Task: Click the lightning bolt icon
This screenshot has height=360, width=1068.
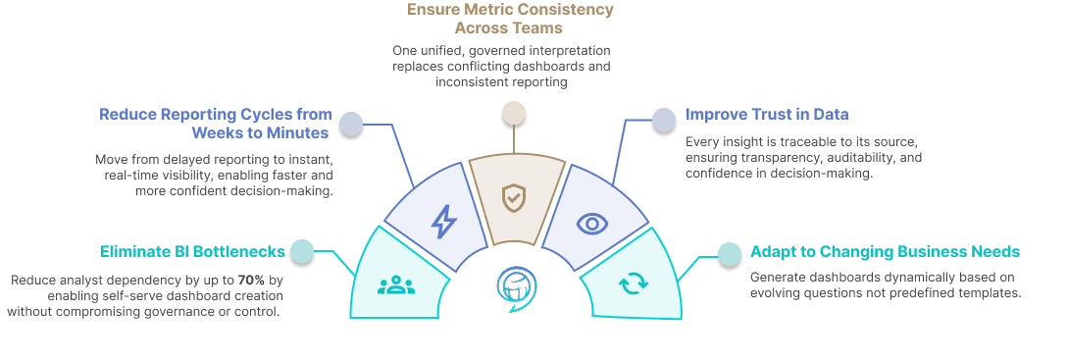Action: (x=444, y=222)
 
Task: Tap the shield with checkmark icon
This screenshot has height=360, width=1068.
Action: (x=514, y=198)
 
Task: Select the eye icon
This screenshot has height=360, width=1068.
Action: (x=592, y=224)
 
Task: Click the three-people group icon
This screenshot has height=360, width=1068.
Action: (x=396, y=285)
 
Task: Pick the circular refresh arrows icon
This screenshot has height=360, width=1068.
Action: (x=634, y=283)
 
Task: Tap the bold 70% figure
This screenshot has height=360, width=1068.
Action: (x=251, y=280)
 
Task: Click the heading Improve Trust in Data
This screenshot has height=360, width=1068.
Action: (x=767, y=114)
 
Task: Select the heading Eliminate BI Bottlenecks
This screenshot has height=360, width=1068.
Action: (x=193, y=251)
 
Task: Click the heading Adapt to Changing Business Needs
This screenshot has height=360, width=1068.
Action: (x=885, y=251)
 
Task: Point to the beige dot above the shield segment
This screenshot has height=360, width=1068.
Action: (x=514, y=113)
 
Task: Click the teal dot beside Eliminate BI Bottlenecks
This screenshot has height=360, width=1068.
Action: (x=302, y=251)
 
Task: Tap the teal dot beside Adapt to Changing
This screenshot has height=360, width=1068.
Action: (x=730, y=254)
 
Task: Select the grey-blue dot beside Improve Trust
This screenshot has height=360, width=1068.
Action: (x=663, y=120)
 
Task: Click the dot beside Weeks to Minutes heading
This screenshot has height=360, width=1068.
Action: (x=351, y=124)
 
